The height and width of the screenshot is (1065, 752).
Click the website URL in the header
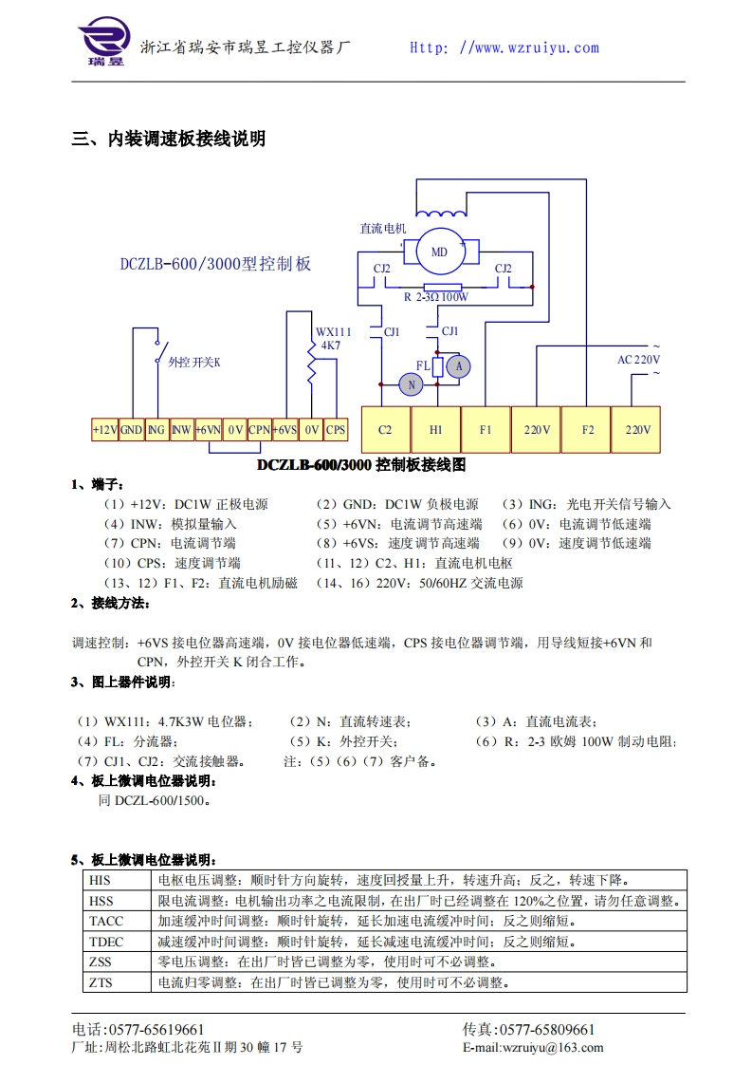pos(504,47)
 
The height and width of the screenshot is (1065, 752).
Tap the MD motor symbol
pos(439,252)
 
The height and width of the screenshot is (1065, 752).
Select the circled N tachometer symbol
pos(411,383)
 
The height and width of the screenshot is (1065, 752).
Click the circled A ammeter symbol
pos(459,365)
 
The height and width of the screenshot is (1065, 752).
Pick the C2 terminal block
pos(385,430)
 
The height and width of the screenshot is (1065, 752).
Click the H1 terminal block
pos(436,430)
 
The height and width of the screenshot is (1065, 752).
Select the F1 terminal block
pos(486,430)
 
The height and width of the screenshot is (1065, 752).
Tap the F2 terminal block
pos(587,430)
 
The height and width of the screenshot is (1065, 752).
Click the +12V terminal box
pos(105,430)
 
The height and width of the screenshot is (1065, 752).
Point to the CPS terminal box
pos(336,430)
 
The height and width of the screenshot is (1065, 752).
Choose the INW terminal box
pos(182,430)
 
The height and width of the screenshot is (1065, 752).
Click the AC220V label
pos(638,360)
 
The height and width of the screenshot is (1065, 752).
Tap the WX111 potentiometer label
pos(333,332)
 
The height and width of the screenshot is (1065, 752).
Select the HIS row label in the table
pos(100,881)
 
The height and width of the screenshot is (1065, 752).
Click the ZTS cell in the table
pos(101,982)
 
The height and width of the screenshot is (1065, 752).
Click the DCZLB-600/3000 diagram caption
pos(361,466)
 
